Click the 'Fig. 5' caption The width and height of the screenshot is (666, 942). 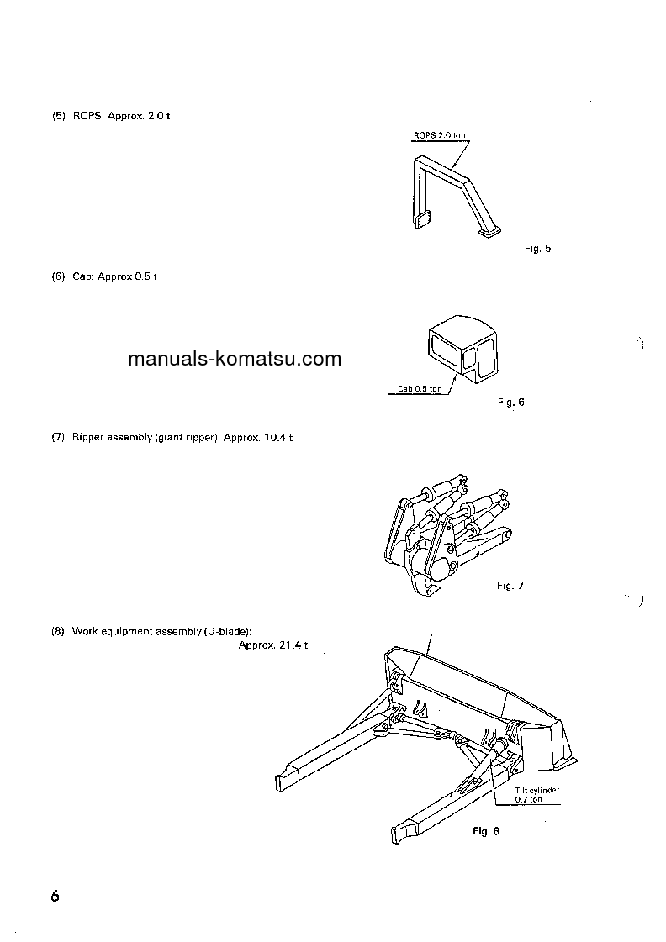[536, 249]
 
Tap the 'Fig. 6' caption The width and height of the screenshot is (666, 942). [510, 403]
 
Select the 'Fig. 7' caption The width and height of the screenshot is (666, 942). [510, 586]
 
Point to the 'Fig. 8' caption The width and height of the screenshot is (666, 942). [485, 831]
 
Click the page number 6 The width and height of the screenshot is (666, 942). [55, 896]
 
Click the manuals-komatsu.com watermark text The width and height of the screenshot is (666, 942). [235, 360]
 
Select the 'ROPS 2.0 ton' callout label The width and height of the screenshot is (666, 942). [438, 135]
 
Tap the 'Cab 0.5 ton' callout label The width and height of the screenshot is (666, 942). [420, 389]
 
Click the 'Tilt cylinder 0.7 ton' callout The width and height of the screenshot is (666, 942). [537, 795]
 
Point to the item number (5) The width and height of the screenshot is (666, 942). [58, 116]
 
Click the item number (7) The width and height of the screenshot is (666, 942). [58, 439]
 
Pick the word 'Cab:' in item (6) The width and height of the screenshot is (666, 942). [83, 277]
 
